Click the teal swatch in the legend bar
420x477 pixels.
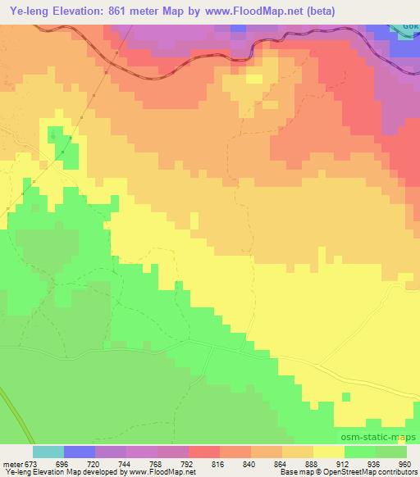[x=48, y=452]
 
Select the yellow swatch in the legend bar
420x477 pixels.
[x=328, y=452]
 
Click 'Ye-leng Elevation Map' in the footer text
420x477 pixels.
[x=37, y=473]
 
